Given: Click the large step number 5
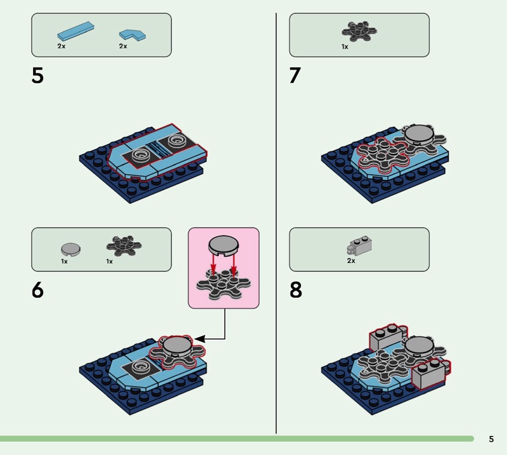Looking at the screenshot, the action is pos(37,75).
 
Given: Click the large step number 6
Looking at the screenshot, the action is pos(37,290).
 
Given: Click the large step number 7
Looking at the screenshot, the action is pos(295,75).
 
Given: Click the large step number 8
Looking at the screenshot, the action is pos(296,290).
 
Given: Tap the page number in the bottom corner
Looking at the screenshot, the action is pos(491,439).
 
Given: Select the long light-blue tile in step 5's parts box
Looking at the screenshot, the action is pos(75,31).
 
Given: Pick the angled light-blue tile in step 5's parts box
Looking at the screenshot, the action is pos(132,35).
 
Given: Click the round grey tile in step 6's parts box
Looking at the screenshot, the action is pos(70,249).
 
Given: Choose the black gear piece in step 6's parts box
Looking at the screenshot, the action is pos(124,246).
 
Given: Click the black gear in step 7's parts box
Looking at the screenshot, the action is pos(359,31).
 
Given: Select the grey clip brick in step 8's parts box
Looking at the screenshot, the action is pos(359,245).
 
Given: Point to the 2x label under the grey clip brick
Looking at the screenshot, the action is pos(351,260).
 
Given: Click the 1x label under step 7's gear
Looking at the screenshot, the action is pos(345,47).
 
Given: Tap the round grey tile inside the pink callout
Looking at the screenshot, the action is pos(224,245).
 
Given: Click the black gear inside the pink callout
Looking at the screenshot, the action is pos(223,284).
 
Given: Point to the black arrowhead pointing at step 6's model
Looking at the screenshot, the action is pos(200,339).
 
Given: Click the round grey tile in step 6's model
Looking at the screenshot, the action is pos(177,346).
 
